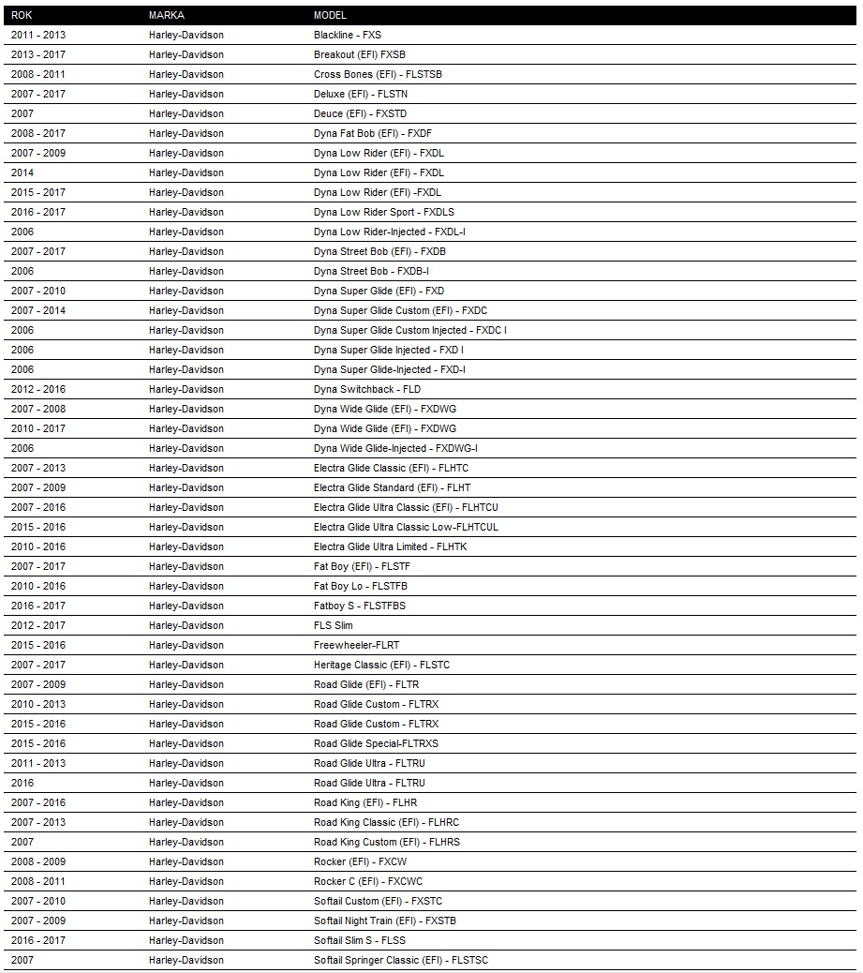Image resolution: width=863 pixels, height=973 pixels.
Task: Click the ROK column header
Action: (x=22, y=15)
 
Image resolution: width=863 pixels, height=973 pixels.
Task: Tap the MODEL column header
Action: (x=330, y=15)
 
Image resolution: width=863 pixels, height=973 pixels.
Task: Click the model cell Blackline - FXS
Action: (x=348, y=35)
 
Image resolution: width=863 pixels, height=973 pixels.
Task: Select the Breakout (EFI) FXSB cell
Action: (x=360, y=54)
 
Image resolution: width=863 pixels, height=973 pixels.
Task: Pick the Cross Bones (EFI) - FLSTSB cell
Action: (x=378, y=74)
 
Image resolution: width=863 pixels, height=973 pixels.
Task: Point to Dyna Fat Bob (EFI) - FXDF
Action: (x=373, y=133)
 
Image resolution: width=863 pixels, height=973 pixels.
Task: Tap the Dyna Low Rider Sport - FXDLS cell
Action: (x=384, y=212)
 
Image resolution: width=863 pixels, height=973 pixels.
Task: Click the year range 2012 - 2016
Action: (x=38, y=389)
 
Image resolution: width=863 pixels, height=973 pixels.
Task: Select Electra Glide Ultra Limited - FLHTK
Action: (x=390, y=546)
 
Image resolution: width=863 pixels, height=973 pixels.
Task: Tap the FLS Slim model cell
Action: (x=334, y=625)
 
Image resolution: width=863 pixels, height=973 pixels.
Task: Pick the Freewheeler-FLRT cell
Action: (x=356, y=645)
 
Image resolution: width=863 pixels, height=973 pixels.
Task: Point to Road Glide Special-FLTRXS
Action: (x=376, y=743)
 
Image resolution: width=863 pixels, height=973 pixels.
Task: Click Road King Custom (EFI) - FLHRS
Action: (x=387, y=842)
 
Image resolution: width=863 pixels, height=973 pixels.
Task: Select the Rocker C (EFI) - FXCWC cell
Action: (x=368, y=881)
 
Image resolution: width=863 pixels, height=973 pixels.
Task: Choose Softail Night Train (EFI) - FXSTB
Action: (x=385, y=921)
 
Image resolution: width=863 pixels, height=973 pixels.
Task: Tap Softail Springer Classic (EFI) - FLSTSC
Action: (x=401, y=960)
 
